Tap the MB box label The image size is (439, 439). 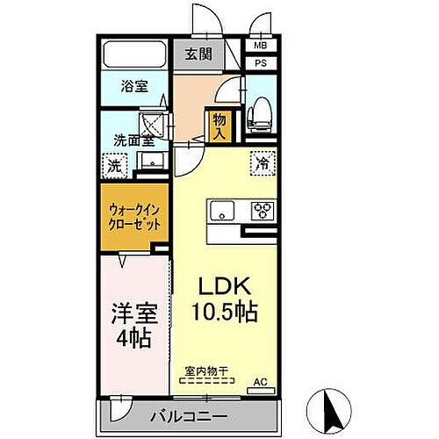pyautogui.click(x=261, y=46)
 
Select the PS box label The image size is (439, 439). pyautogui.click(x=261, y=63)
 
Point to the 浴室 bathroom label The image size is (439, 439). pyautogui.click(x=134, y=88)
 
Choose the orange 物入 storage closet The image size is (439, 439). pyautogui.click(x=219, y=126)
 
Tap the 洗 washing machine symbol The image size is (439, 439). pyautogui.click(x=114, y=165)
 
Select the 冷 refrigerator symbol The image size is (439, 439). pyautogui.click(x=262, y=162)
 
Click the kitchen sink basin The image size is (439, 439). pyautogui.click(x=222, y=211)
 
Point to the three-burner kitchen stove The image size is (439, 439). pyautogui.click(x=262, y=211)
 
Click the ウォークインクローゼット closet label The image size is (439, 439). pyautogui.click(x=135, y=218)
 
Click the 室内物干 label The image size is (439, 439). pyautogui.click(x=209, y=371)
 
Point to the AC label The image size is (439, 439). pyautogui.click(x=260, y=381)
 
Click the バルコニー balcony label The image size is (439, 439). pyautogui.click(x=193, y=415)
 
